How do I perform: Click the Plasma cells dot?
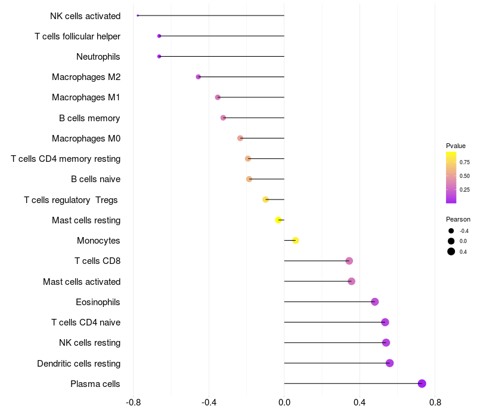(422, 383)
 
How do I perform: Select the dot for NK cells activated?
(138, 16)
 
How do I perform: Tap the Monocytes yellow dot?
(295, 241)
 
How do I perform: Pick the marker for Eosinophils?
(374, 302)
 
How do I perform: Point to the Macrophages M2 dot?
(199, 77)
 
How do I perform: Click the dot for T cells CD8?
(349, 261)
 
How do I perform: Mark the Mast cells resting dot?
(278, 220)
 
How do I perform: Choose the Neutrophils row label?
(98, 57)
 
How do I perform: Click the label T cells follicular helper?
(78, 36)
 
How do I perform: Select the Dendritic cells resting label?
(79, 363)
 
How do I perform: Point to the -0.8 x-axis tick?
(134, 403)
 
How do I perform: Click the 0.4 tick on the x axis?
(360, 403)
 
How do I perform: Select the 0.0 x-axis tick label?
(284, 403)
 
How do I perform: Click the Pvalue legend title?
(456, 146)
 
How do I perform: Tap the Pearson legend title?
(458, 219)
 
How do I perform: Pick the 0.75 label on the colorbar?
(465, 162)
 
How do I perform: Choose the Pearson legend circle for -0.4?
(451, 231)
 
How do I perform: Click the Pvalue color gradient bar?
(451, 177)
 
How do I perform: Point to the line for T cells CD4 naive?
(334, 322)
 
